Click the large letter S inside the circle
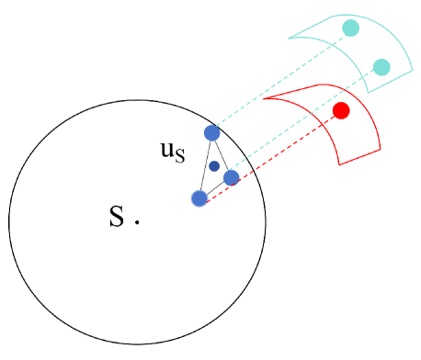(x=116, y=217)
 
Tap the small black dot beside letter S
(x=137, y=221)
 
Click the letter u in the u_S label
(x=167, y=149)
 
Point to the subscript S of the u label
(x=179, y=156)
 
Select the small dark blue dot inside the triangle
(x=214, y=166)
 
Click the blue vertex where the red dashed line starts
(x=199, y=198)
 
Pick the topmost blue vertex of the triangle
(x=211, y=132)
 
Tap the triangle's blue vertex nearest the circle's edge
(x=232, y=177)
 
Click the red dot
(x=341, y=111)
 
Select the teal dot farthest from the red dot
(x=350, y=28)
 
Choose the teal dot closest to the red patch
(x=381, y=66)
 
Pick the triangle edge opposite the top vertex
(x=215, y=188)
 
